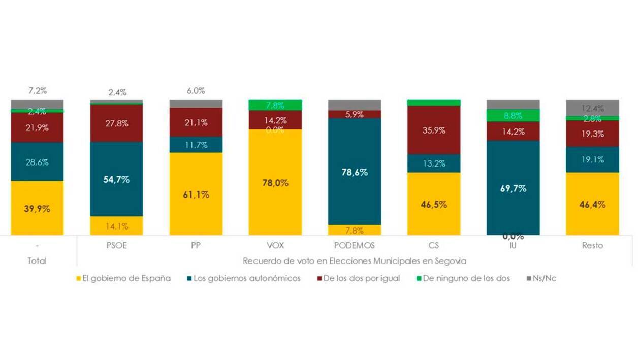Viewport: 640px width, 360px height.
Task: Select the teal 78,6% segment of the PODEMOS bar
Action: (354, 172)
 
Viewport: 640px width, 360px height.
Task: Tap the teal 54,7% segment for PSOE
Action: (116, 179)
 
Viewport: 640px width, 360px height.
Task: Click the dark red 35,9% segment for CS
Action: (433, 130)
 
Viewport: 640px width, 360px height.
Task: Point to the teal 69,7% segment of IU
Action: (513, 188)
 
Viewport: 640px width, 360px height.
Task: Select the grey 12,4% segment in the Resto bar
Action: (592, 107)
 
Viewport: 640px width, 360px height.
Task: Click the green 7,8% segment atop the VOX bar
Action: (275, 105)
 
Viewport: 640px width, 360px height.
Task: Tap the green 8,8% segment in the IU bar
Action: (513, 115)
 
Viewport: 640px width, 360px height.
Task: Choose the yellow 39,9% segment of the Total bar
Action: (37, 208)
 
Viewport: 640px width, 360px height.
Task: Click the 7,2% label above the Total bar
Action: (37, 91)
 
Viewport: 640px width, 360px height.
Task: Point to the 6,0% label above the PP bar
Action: (196, 91)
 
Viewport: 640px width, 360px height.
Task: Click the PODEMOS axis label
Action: (354, 245)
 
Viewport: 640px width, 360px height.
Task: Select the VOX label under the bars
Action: (275, 245)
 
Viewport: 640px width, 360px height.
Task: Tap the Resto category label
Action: (592, 245)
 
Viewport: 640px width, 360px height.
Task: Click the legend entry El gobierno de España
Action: (123, 278)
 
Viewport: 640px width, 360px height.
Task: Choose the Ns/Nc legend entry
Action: (545, 278)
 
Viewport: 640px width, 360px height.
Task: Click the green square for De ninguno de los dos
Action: (419, 278)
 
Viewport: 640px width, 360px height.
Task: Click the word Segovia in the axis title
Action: (450, 260)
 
